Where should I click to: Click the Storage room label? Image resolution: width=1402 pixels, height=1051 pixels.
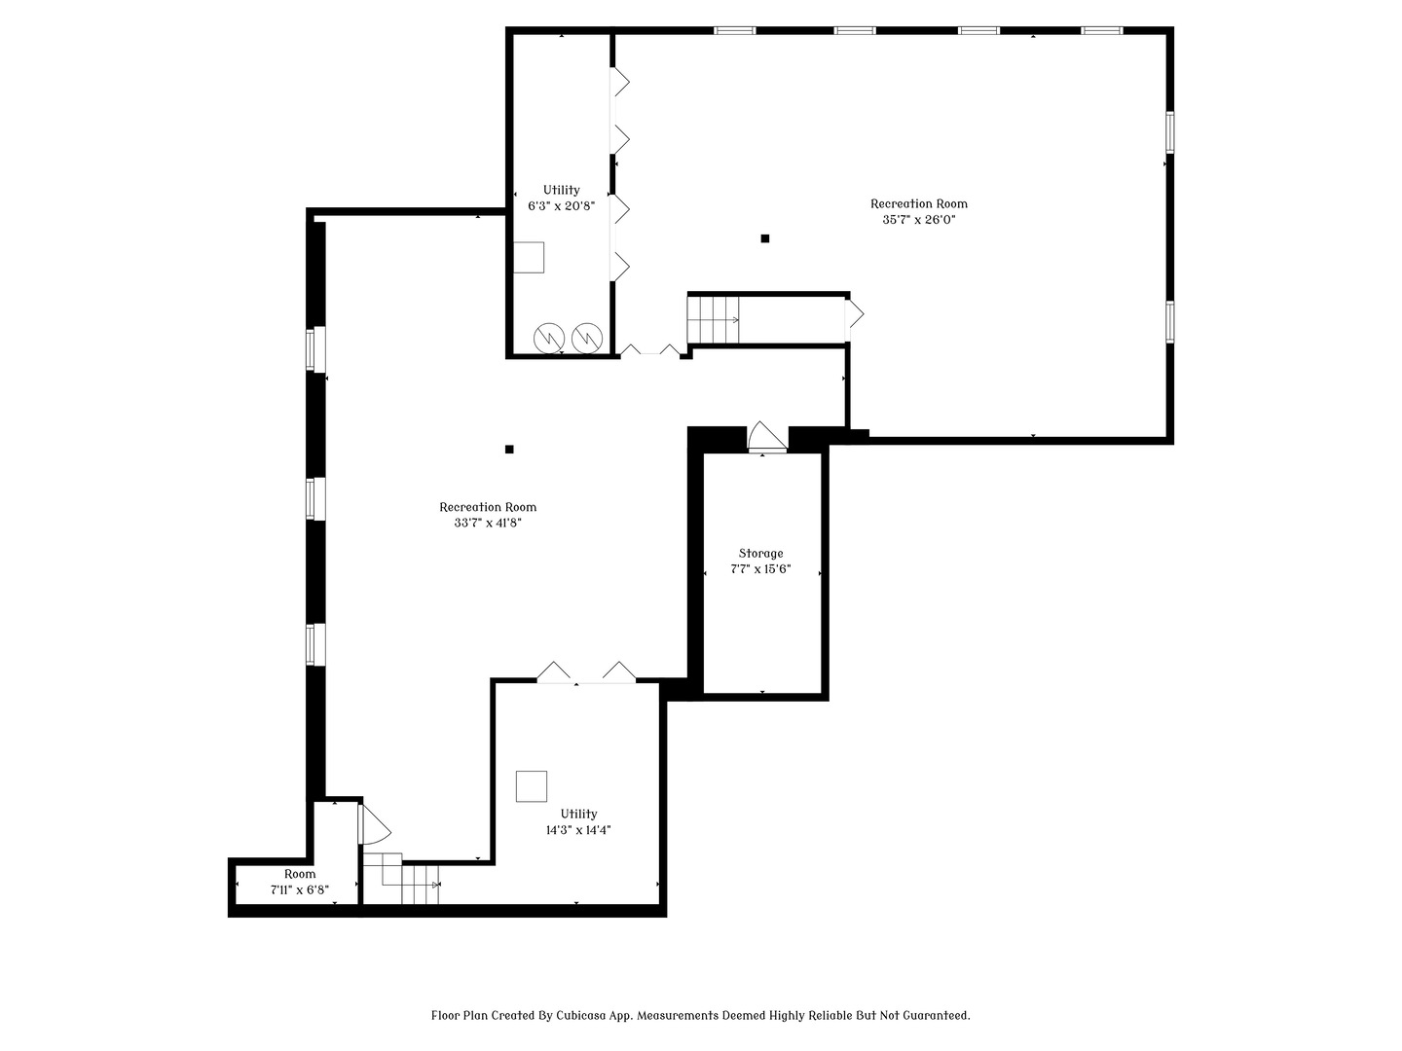(x=760, y=553)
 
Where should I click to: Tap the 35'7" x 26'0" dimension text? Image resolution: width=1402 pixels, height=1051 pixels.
(x=918, y=220)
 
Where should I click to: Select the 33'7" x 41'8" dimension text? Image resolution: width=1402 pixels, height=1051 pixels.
(x=488, y=523)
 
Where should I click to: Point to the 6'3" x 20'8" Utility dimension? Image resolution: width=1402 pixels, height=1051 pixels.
(x=561, y=206)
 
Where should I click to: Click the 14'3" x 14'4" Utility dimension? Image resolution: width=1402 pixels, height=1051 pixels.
(x=578, y=830)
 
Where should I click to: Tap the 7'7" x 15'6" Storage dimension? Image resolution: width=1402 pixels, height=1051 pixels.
(x=760, y=569)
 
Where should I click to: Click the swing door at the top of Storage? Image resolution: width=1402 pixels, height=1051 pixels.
(x=766, y=437)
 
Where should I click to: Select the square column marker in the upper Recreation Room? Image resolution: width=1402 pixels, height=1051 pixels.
(x=765, y=238)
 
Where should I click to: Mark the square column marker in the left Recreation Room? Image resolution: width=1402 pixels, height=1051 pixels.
(x=509, y=449)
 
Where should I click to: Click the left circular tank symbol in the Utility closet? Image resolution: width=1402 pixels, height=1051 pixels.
(x=549, y=338)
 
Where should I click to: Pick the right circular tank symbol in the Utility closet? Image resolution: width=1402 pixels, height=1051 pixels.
(x=587, y=338)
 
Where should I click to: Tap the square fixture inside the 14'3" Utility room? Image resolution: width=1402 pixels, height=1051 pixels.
(x=531, y=786)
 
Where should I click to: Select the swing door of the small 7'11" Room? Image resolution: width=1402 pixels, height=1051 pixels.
(x=373, y=824)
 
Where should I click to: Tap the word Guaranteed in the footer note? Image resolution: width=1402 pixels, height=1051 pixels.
(x=934, y=1015)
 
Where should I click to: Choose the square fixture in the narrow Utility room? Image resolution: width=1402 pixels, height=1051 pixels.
(x=529, y=257)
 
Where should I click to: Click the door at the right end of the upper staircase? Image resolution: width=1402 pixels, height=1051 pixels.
(x=853, y=314)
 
